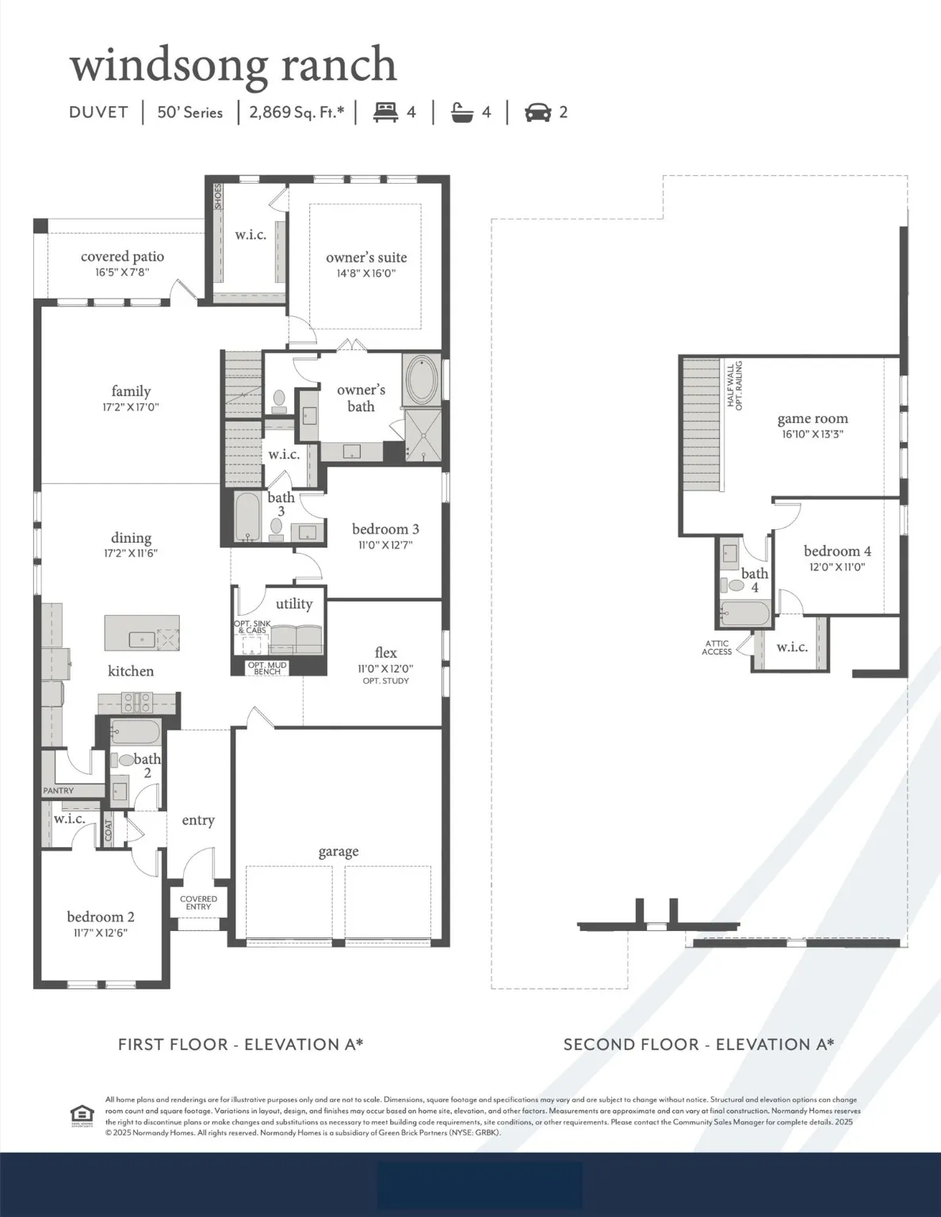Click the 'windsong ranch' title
[233, 65]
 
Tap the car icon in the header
[537, 113]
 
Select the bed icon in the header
[386, 112]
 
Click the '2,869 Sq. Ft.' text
[296, 112]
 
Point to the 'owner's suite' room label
[366, 258]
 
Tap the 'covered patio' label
[122, 257]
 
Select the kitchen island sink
[142, 637]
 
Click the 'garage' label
[339, 852]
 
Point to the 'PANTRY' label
[59, 791]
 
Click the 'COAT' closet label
[109, 830]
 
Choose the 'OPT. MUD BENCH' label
[267, 668]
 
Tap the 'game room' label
[813, 419]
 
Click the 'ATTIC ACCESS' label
[717, 648]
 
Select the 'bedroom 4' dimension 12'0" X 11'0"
[837, 567]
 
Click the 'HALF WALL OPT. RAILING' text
[735, 384]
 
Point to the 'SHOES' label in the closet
[218, 196]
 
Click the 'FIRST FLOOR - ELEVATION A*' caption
[240, 1044]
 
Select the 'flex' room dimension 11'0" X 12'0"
[385, 669]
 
